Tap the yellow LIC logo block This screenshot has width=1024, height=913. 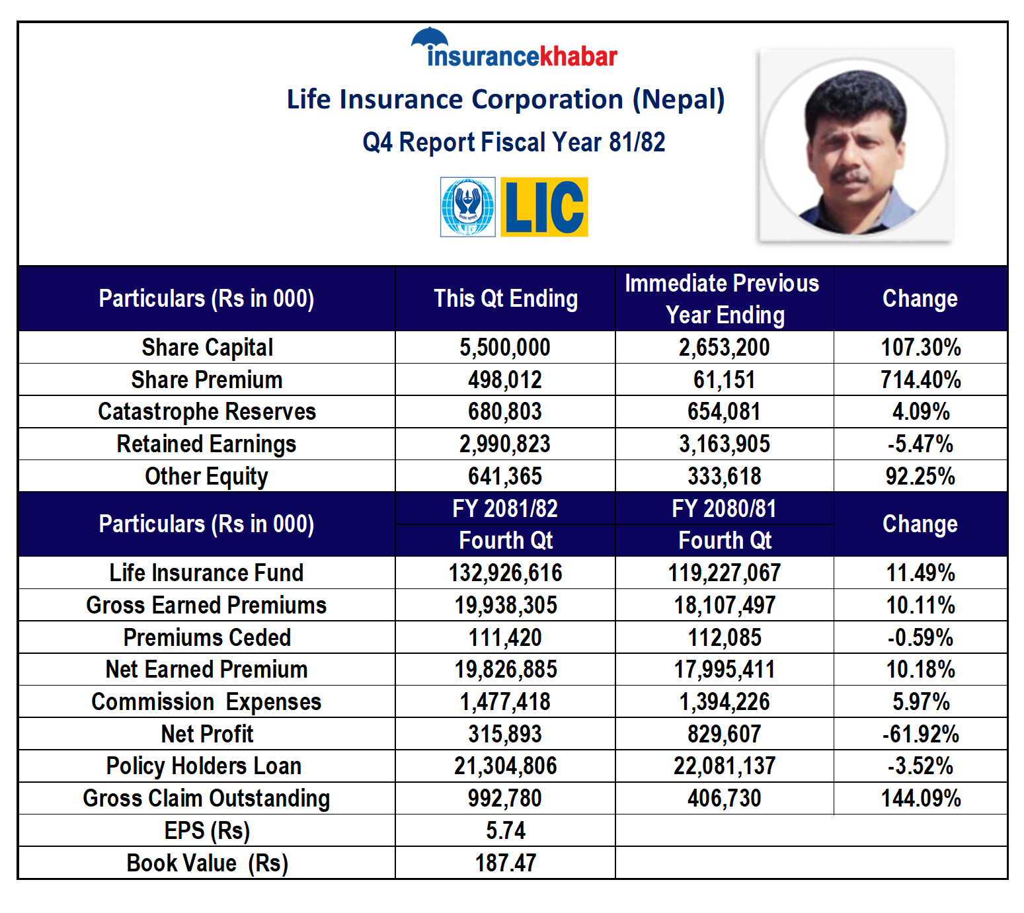544,207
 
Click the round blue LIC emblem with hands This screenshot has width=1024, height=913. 468,207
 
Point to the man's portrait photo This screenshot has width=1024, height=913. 855,147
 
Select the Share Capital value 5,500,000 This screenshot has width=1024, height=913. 505,348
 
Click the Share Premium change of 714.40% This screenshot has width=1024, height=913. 920,380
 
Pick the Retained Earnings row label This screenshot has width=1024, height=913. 206,444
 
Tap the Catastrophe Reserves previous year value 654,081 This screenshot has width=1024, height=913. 724,412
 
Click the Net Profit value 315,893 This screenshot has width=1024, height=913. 505,734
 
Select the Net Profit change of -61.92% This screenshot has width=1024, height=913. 920,734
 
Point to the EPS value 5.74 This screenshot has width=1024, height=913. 505,831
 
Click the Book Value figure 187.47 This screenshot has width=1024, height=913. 505,863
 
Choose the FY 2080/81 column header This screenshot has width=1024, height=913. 724,509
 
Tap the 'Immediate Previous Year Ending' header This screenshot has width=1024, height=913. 724,299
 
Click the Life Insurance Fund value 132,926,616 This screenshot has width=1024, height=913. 505,573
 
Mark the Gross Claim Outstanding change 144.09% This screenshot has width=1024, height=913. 920,799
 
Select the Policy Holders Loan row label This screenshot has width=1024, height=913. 204,766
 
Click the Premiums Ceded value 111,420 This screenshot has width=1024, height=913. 505,638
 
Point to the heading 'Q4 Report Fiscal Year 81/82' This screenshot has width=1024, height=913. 514,142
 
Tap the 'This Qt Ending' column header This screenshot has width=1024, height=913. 505,299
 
